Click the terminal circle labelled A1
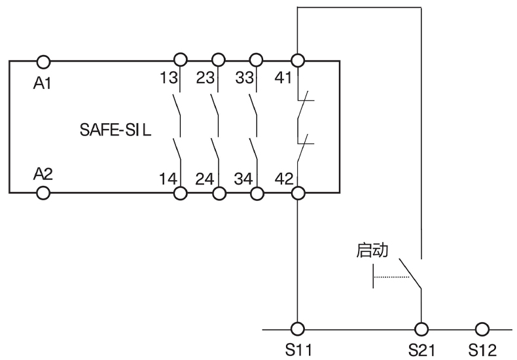pyautogui.click(x=44, y=61)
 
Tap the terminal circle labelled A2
pyautogui.click(x=44, y=193)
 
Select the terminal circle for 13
pyautogui.click(x=180, y=61)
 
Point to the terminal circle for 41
pyautogui.click(x=298, y=61)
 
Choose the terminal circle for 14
pyautogui.click(x=180, y=193)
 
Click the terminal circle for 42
pyautogui.click(x=298, y=193)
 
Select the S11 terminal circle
pyautogui.click(x=298, y=329)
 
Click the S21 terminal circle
pyautogui.click(x=419, y=329)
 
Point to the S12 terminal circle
pyautogui.click(x=482, y=329)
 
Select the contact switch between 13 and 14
pyautogui.click(x=177, y=122)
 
